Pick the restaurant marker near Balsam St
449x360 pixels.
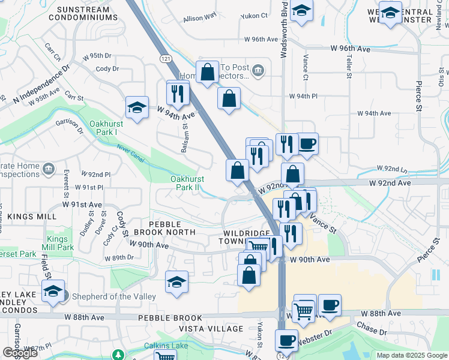coord(178,93)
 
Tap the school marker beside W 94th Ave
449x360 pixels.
coord(137,108)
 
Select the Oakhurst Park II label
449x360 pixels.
coord(187,183)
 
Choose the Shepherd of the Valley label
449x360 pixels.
coord(114,296)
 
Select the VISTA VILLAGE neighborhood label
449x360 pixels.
coord(211,329)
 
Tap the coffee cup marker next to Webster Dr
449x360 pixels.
coord(286,340)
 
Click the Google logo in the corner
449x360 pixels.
coord(19,353)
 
